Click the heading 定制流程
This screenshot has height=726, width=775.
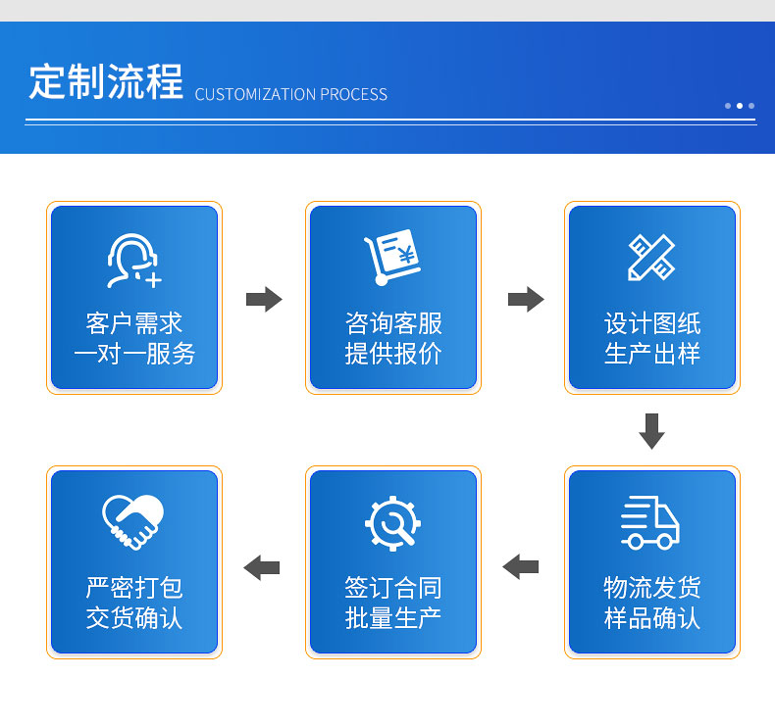pyautogui.click(x=106, y=82)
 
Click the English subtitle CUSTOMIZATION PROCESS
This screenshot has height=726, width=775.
pyautogui.click(x=291, y=94)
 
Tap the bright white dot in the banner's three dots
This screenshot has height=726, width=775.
pyautogui.click(x=740, y=106)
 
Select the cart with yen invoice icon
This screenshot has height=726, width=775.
pyautogui.click(x=392, y=257)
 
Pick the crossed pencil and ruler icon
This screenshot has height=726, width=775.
pyautogui.click(x=651, y=257)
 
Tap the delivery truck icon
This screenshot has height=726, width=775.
pyautogui.click(x=650, y=522)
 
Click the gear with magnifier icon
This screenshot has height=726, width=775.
pyautogui.click(x=393, y=523)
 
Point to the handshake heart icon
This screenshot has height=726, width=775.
pyautogui.click(x=133, y=521)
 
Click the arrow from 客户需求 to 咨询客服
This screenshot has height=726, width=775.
pyautogui.click(x=264, y=299)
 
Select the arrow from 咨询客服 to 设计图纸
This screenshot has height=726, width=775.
pyautogui.click(x=526, y=299)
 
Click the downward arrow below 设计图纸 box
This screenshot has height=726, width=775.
pyautogui.click(x=652, y=431)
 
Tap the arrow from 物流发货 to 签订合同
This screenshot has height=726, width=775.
pyautogui.click(x=521, y=566)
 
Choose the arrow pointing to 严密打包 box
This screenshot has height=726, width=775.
pyautogui.click(x=262, y=567)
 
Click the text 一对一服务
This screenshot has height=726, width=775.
pyautogui.click(x=134, y=354)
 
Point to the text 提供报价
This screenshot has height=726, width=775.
pyautogui.click(x=393, y=354)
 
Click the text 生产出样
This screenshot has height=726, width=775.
pyautogui.click(x=652, y=354)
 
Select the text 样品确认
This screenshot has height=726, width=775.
pyautogui.click(x=652, y=618)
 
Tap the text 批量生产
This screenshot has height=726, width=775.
pyautogui.click(x=393, y=618)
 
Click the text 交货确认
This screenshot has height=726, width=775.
pyautogui.click(x=134, y=618)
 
